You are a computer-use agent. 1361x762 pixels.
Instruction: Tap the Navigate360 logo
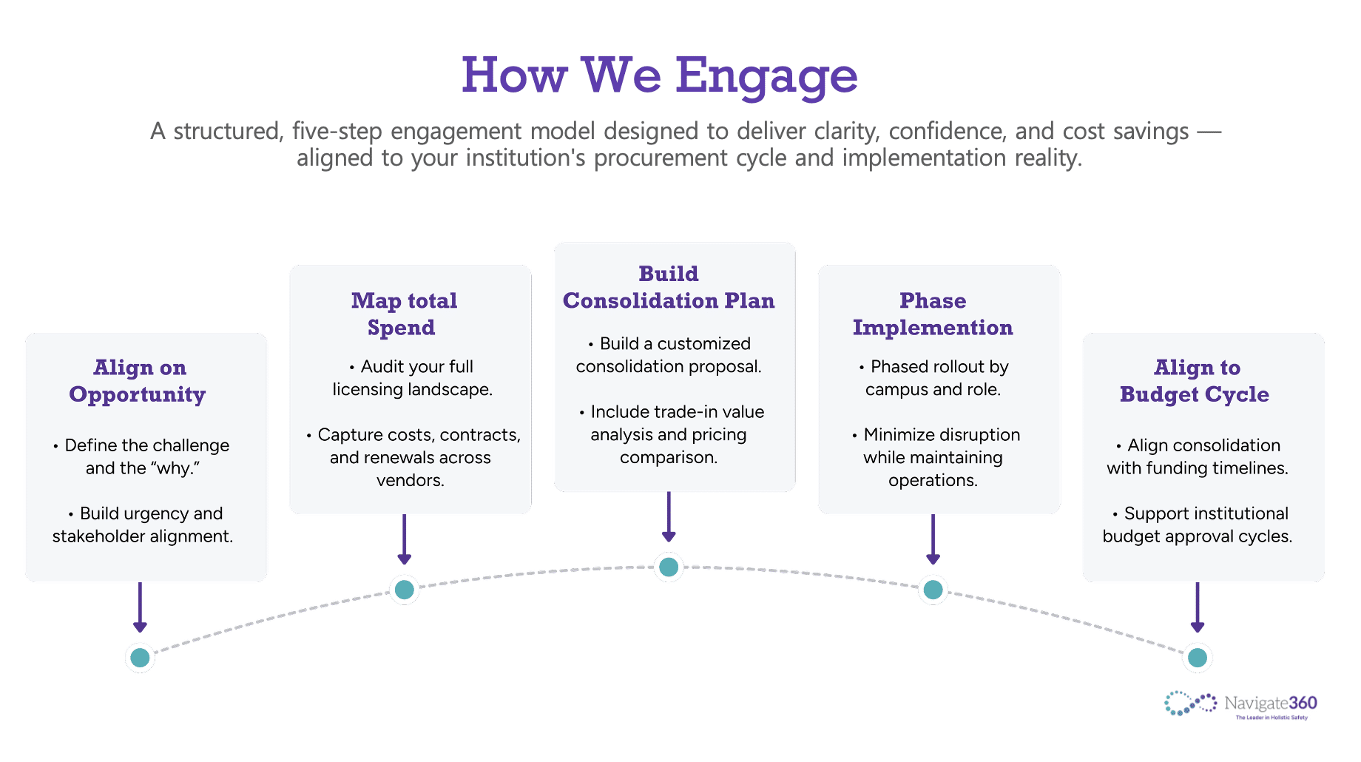[1240, 704]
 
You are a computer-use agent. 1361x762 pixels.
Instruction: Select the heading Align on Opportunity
[138, 381]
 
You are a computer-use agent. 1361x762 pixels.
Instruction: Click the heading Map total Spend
[404, 314]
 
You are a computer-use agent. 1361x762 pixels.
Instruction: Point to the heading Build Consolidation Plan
[669, 287]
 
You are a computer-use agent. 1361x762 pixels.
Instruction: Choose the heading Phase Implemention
[933, 314]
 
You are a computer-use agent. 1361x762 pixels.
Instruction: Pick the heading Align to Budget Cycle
[1195, 381]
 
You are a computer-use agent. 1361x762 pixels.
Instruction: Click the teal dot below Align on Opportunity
[140, 657]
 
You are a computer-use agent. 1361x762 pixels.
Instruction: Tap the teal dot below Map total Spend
[405, 590]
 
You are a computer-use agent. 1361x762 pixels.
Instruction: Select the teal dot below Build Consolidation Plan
[669, 567]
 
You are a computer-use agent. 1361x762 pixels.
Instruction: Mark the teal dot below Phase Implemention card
[933, 590]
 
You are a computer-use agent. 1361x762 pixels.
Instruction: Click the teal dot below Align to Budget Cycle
[1198, 657]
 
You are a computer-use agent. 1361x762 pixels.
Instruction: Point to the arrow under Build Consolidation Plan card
[669, 518]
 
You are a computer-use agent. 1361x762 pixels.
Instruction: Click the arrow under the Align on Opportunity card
[140, 607]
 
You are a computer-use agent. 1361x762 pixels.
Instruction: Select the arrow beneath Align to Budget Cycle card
[1198, 607]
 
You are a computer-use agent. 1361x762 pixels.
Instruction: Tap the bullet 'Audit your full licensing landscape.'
[412, 378]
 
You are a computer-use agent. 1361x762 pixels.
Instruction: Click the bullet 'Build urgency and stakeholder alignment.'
[143, 525]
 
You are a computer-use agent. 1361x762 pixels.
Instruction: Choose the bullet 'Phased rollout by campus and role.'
[933, 378]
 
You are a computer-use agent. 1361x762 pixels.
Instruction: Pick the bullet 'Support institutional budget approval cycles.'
[1198, 525]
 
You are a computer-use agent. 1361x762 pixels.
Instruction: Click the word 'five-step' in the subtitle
[337, 131]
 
